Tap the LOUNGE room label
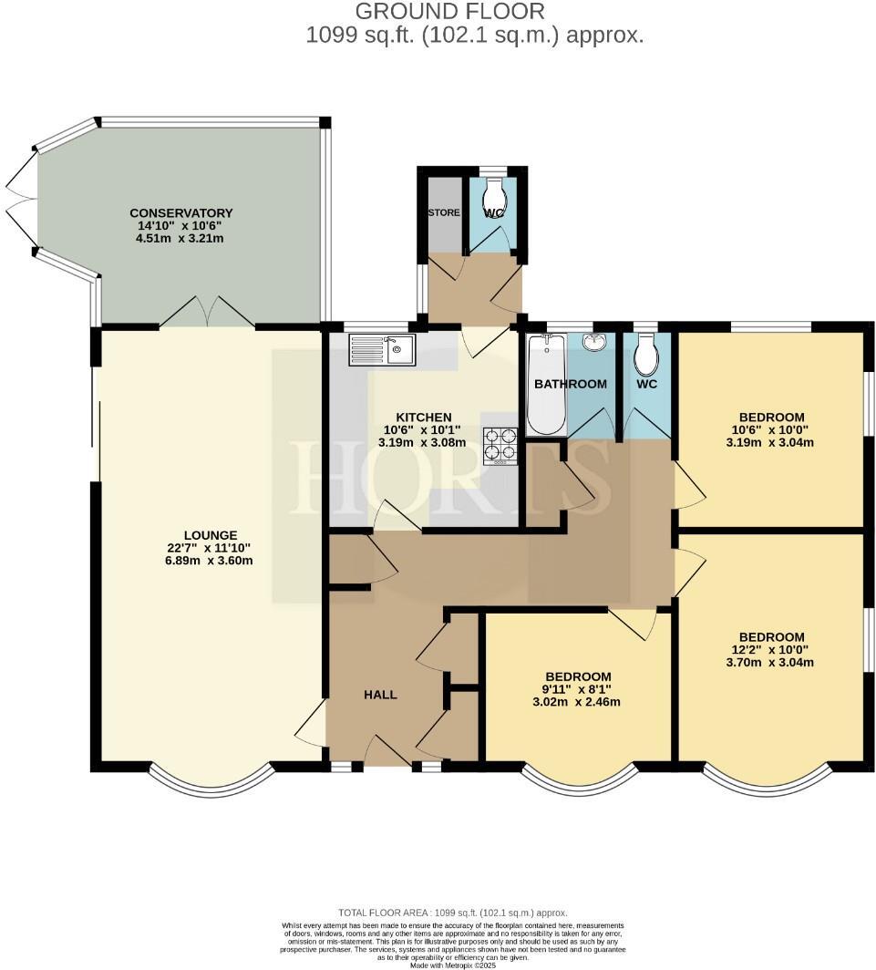(211, 535)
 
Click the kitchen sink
(383, 349)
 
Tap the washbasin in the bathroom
(594, 343)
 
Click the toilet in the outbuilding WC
(494, 194)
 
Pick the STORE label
(444, 212)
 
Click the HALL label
(380, 695)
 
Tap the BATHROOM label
(570, 384)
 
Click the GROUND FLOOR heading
(449, 12)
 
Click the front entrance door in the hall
(386, 753)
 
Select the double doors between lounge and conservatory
(208, 312)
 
